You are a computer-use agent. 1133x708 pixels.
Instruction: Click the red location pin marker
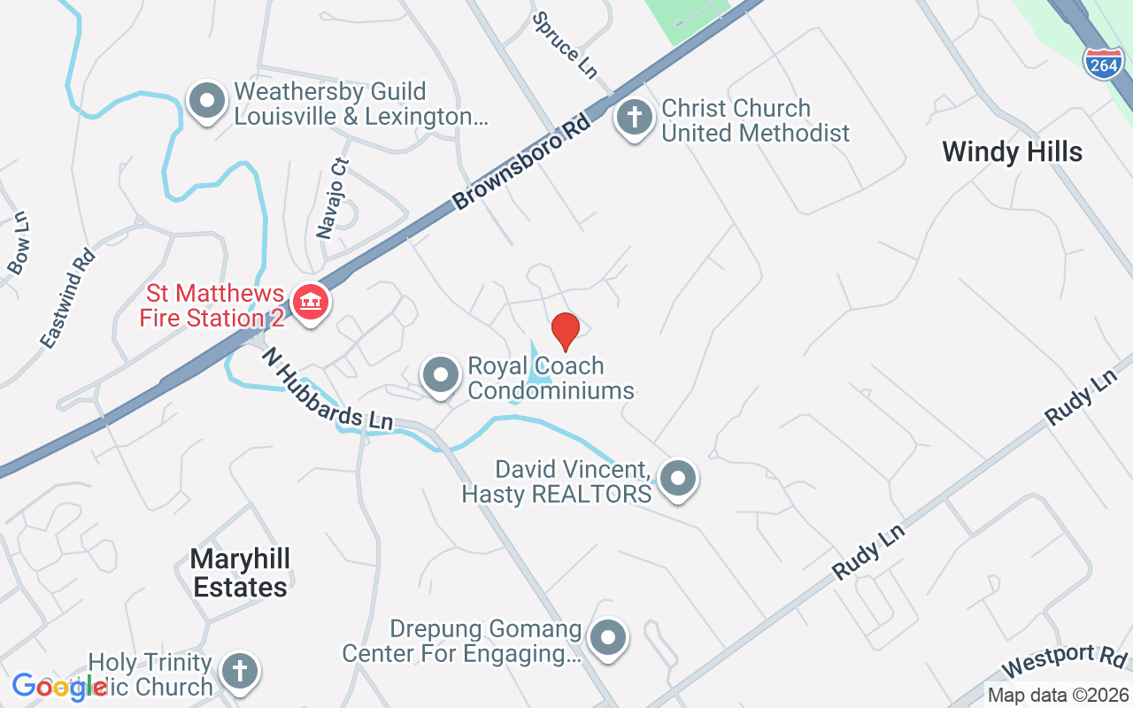[565, 331]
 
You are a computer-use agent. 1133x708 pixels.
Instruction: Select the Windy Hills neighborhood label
[1012, 151]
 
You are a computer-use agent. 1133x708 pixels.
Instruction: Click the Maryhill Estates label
[240, 573]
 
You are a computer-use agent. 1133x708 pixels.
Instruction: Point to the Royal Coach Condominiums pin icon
[440, 377]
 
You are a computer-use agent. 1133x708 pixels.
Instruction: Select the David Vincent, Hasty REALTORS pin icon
[679, 479]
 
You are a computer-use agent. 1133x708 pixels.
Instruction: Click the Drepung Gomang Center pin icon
[608, 638]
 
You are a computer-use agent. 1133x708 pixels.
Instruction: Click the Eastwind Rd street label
[67, 298]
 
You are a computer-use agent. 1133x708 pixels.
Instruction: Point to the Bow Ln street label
[18, 243]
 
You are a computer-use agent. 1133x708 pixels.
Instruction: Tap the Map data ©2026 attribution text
[1057, 696]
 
